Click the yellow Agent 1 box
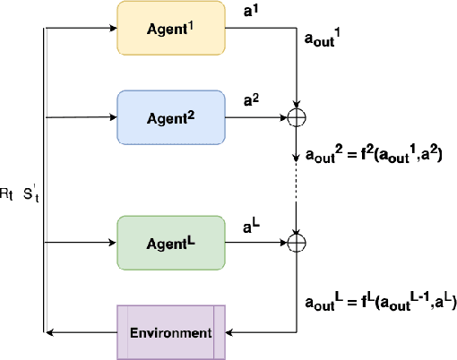(x=170, y=28)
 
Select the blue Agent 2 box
(x=170, y=116)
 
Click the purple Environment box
(x=171, y=332)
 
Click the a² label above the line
(x=252, y=102)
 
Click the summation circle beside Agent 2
(x=295, y=116)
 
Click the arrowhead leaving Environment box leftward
(x=50, y=332)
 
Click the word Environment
(x=170, y=332)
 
